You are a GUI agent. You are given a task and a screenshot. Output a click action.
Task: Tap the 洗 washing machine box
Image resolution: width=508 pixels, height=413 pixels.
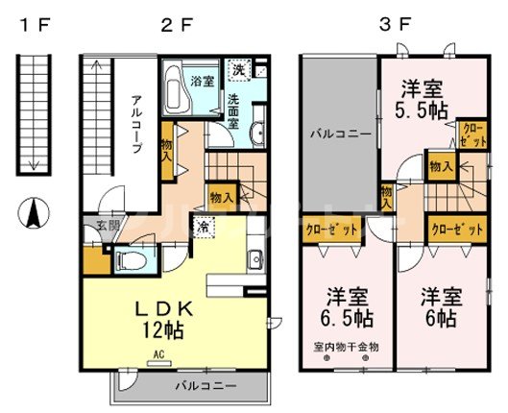pos(238,70)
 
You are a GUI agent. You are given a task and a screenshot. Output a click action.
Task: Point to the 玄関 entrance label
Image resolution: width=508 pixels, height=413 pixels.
pos(106,227)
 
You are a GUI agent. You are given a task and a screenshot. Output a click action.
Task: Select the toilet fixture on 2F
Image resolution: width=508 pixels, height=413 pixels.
pos(131,258)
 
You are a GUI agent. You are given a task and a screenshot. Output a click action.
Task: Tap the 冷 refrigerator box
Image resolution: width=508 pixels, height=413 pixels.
pos(205,228)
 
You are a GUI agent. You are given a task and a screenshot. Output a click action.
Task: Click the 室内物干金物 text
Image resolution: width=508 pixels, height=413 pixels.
pos(345,347)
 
